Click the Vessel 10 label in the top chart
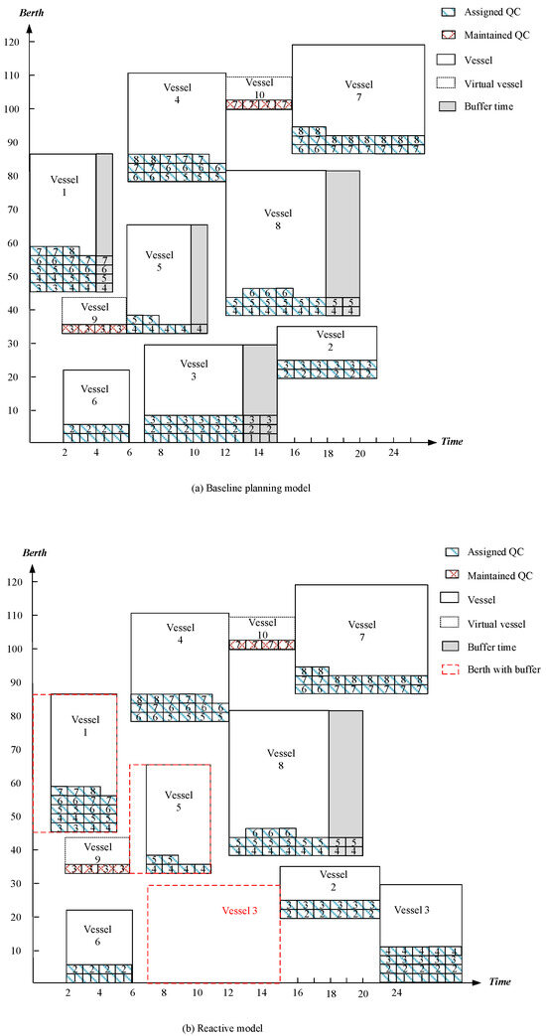coord(259,88)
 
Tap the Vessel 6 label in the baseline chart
coord(95,394)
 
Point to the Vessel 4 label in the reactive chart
coord(180,633)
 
